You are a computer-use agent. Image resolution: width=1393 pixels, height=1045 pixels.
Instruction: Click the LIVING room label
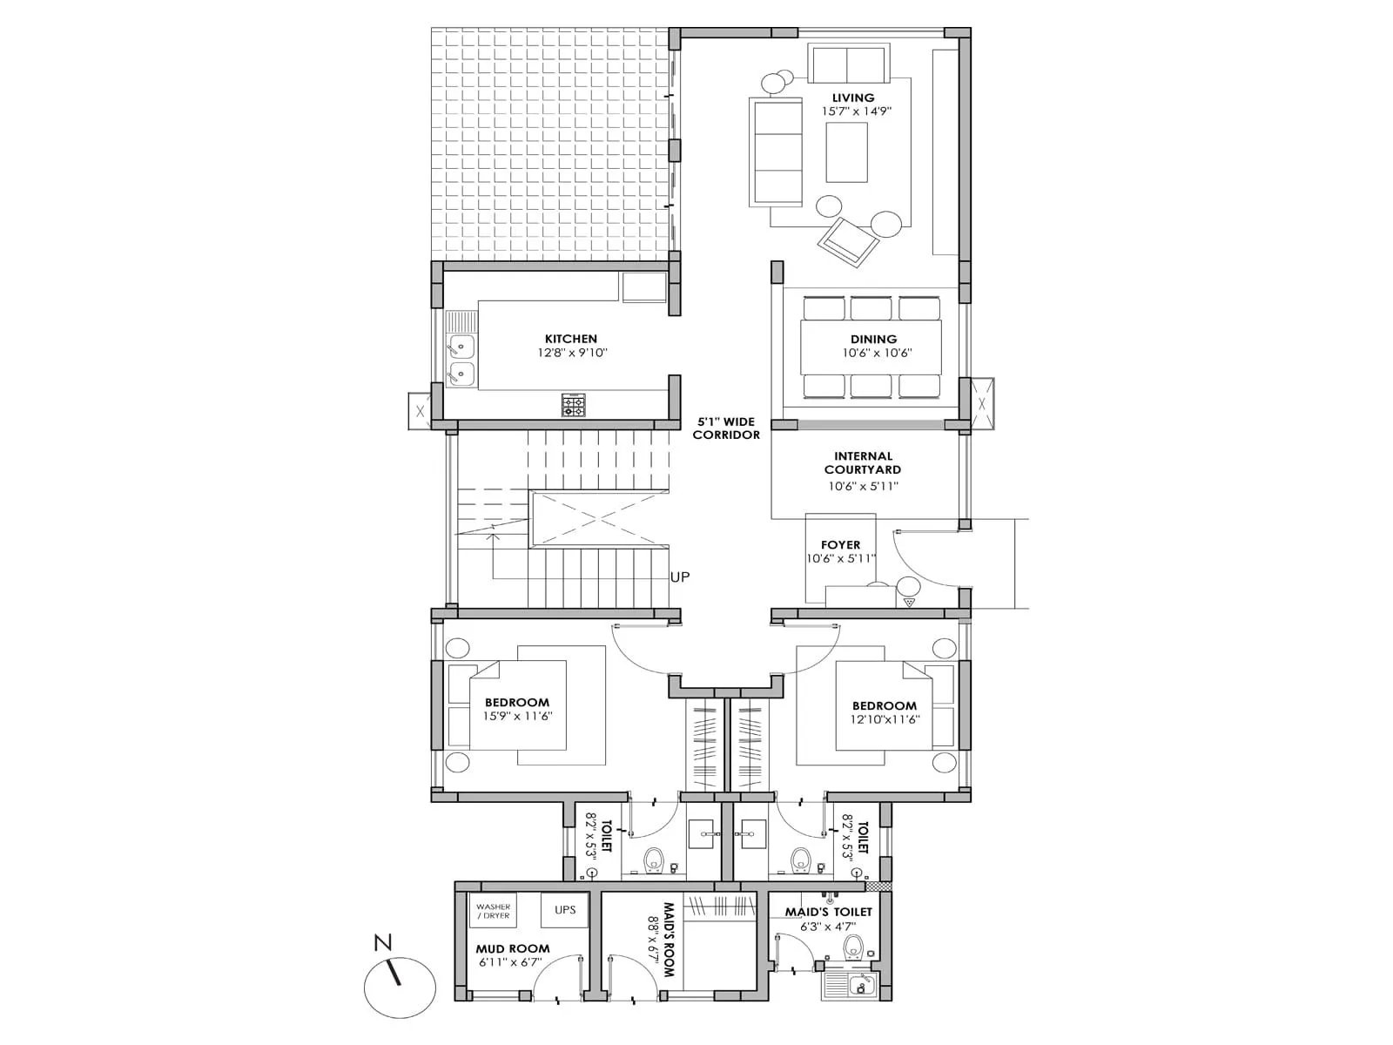[x=852, y=98]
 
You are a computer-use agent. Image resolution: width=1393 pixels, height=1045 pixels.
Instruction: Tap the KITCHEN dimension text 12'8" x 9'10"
[x=571, y=354]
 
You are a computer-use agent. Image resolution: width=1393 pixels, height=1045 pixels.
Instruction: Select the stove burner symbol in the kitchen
[x=573, y=405]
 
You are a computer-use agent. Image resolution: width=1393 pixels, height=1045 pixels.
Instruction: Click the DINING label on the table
[x=873, y=339]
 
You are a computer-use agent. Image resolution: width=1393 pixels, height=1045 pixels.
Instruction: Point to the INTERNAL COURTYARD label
[x=863, y=462]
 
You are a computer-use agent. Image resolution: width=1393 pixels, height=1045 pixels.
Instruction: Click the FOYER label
[x=840, y=545]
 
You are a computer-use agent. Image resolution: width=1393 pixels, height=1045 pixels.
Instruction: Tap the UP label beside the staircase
[x=680, y=576]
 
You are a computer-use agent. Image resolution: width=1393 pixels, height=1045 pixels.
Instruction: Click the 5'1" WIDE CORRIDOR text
[x=726, y=428]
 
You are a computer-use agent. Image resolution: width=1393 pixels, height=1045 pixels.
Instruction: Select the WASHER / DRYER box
[x=493, y=911]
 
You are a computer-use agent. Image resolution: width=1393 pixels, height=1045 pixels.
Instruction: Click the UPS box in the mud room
[x=565, y=911]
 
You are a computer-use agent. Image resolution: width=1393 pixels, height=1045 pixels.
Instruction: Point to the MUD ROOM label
[x=513, y=948]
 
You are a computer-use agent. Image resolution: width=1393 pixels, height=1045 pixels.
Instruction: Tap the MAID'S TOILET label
[x=828, y=912]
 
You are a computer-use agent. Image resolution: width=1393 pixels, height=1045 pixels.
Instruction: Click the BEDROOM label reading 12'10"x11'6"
[x=884, y=705]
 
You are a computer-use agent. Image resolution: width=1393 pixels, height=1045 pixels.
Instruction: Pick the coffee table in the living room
[x=846, y=152]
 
